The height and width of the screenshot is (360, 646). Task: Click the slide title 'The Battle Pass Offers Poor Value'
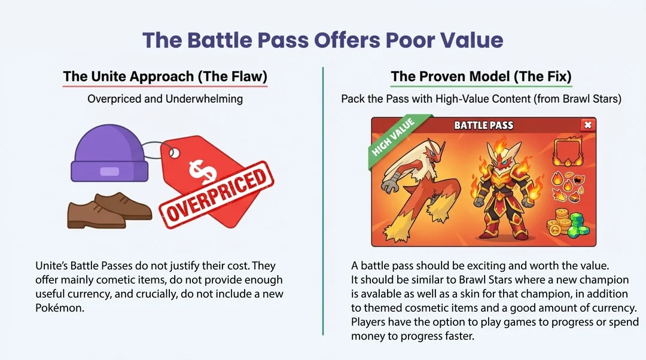[x=322, y=40]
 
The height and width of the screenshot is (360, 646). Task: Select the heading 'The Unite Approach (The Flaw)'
[x=165, y=76]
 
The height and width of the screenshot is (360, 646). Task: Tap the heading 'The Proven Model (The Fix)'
[x=481, y=76]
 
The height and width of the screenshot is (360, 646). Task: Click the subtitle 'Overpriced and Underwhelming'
[x=165, y=99]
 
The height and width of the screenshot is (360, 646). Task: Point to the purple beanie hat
[x=109, y=153]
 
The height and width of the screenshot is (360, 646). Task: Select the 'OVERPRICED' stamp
[x=217, y=194]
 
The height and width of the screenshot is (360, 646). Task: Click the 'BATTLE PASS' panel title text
[x=484, y=125]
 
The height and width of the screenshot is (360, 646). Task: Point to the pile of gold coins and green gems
[x=571, y=224]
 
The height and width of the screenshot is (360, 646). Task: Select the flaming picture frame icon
[x=568, y=151]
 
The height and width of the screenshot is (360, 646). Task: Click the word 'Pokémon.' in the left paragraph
[x=60, y=308]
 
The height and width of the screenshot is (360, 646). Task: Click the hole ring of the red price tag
[x=174, y=154]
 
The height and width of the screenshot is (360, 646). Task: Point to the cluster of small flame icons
[x=568, y=187]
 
